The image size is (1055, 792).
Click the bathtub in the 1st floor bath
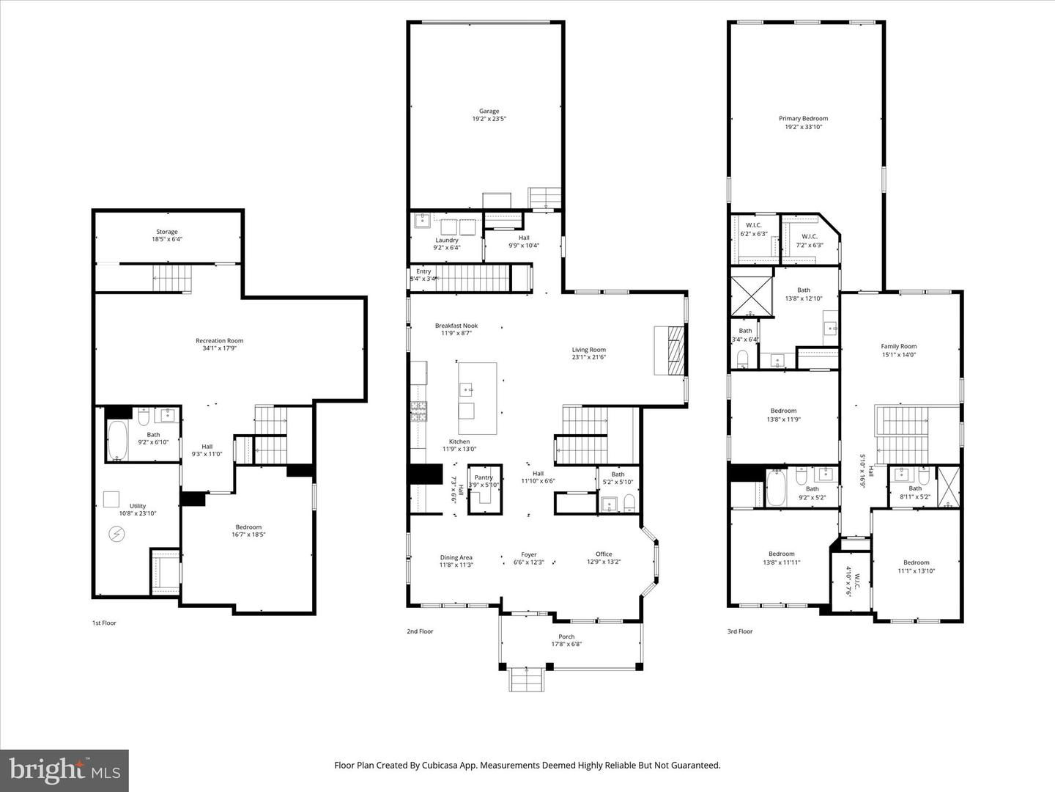(x=117, y=440)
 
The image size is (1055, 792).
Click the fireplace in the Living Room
(x=670, y=350)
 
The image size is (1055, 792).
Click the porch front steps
(x=527, y=679)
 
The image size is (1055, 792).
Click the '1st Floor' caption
(x=104, y=623)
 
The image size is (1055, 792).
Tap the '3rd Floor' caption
(x=740, y=631)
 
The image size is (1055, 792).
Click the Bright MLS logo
(x=64, y=770)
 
